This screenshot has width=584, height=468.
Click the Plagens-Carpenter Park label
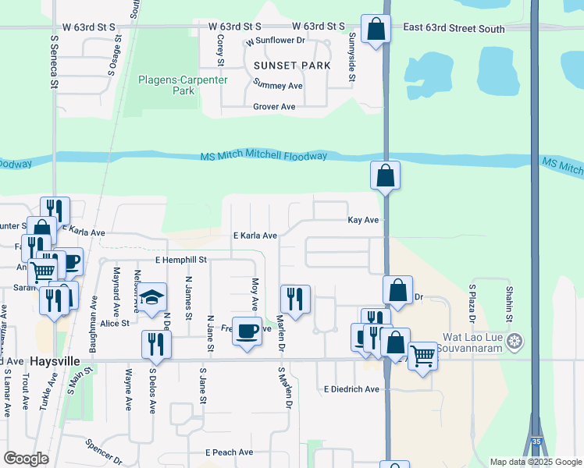[166, 85]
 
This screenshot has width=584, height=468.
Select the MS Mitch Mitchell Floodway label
[264, 156]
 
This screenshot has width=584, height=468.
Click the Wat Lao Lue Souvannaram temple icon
[514, 340]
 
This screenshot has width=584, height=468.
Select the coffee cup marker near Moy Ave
[247, 331]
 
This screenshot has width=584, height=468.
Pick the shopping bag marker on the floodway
[386, 175]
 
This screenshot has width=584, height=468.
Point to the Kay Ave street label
[363, 220]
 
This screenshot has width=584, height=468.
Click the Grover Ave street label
[273, 106]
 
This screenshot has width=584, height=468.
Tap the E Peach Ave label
[230, 452]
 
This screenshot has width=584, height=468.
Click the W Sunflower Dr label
[275, 40]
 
